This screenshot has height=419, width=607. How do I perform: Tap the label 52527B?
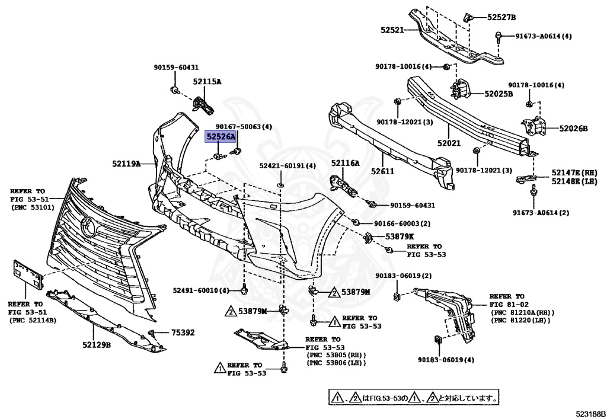pos(502,17)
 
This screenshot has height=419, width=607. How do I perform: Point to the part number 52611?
pos(384,171)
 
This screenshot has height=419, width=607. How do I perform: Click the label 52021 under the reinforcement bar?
pos(449,143)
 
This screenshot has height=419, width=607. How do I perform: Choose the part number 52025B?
pos(499,93)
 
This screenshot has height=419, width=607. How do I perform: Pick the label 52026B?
pos(573,128)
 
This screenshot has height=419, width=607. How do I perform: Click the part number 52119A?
pos(126,163)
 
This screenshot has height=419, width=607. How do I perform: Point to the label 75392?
pos(183,332)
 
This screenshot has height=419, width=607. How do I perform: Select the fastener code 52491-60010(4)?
pos(201,290)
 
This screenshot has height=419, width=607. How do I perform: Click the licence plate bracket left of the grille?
pos(28,274)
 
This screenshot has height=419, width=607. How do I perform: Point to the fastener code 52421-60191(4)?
pos(288,165)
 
